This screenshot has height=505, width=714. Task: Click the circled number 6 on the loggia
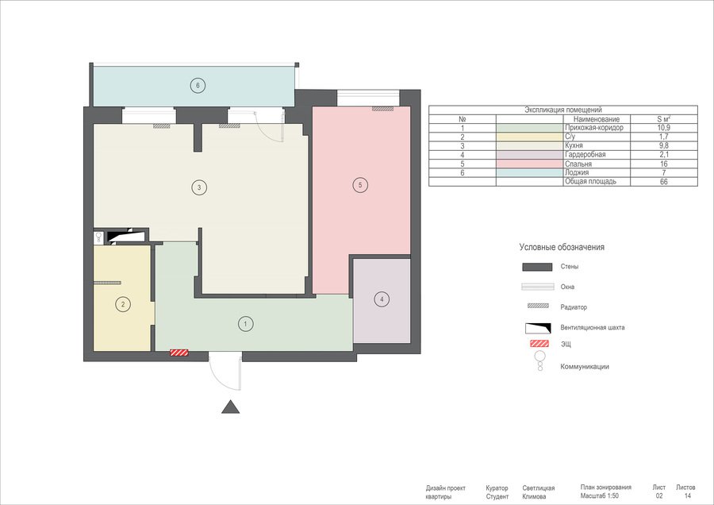(x=198, y=85)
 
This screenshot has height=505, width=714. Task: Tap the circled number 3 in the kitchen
(x=199, y=187)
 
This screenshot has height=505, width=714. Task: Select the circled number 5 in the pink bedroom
(x=360, y=185)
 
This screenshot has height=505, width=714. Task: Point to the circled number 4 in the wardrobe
(x=382, y=299)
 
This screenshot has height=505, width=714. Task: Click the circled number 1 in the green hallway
(x=246, y=324)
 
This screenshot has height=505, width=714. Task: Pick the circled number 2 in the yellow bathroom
(x=123, y=304)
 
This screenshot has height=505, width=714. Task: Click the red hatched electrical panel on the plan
(x=179, y=353)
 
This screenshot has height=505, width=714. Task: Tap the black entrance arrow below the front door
(x=230, y=407)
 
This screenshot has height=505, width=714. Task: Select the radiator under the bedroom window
(x=382, y=109)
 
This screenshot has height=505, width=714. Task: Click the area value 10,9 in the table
(x=664, y=128)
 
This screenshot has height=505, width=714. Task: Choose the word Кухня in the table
(x=574, y=145)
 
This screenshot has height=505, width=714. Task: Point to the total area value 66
(x=664, y=181)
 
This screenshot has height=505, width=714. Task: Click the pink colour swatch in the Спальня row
(x=530, y=164)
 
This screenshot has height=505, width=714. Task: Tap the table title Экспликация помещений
(x=563, y=110)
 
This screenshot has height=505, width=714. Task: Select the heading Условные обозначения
(x=562, y=247)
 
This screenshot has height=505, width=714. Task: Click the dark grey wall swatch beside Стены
(x=537, y=267)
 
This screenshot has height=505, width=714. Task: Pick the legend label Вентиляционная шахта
(x=593, y=327)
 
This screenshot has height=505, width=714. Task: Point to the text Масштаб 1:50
(x=599, y=496)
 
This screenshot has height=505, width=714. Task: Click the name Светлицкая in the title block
(x=538, y=488)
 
